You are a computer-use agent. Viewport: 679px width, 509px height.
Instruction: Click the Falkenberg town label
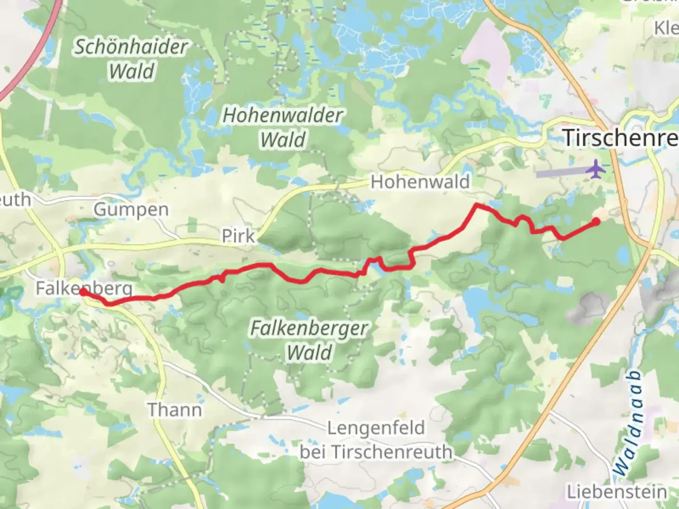(84, 288)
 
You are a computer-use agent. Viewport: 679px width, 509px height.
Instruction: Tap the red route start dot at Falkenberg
(83, 293)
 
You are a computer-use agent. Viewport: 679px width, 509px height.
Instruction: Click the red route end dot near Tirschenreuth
(596, 222)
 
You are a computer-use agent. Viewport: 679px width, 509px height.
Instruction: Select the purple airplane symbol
(596, 169)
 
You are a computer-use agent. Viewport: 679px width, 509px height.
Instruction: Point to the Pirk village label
(238, 236)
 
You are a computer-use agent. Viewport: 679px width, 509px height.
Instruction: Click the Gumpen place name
(131, 210)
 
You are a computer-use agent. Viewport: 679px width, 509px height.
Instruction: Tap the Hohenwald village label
(420, 182)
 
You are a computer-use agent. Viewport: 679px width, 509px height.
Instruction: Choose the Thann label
(174, 410)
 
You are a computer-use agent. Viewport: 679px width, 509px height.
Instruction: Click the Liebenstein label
(617, 492)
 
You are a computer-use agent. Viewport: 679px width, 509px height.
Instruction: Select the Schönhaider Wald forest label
(131, 59)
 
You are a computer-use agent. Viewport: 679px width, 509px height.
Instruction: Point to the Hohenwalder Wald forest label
(283, 127)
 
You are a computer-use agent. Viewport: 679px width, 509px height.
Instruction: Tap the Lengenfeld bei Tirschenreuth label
(376, 440)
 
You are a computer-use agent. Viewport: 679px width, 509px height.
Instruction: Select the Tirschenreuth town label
(621, 138)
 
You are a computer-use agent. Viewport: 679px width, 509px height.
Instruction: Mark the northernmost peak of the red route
(477, 205)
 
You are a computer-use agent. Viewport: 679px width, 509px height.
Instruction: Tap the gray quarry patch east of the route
(592, 306)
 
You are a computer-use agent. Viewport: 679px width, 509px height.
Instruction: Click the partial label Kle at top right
(666, 28)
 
